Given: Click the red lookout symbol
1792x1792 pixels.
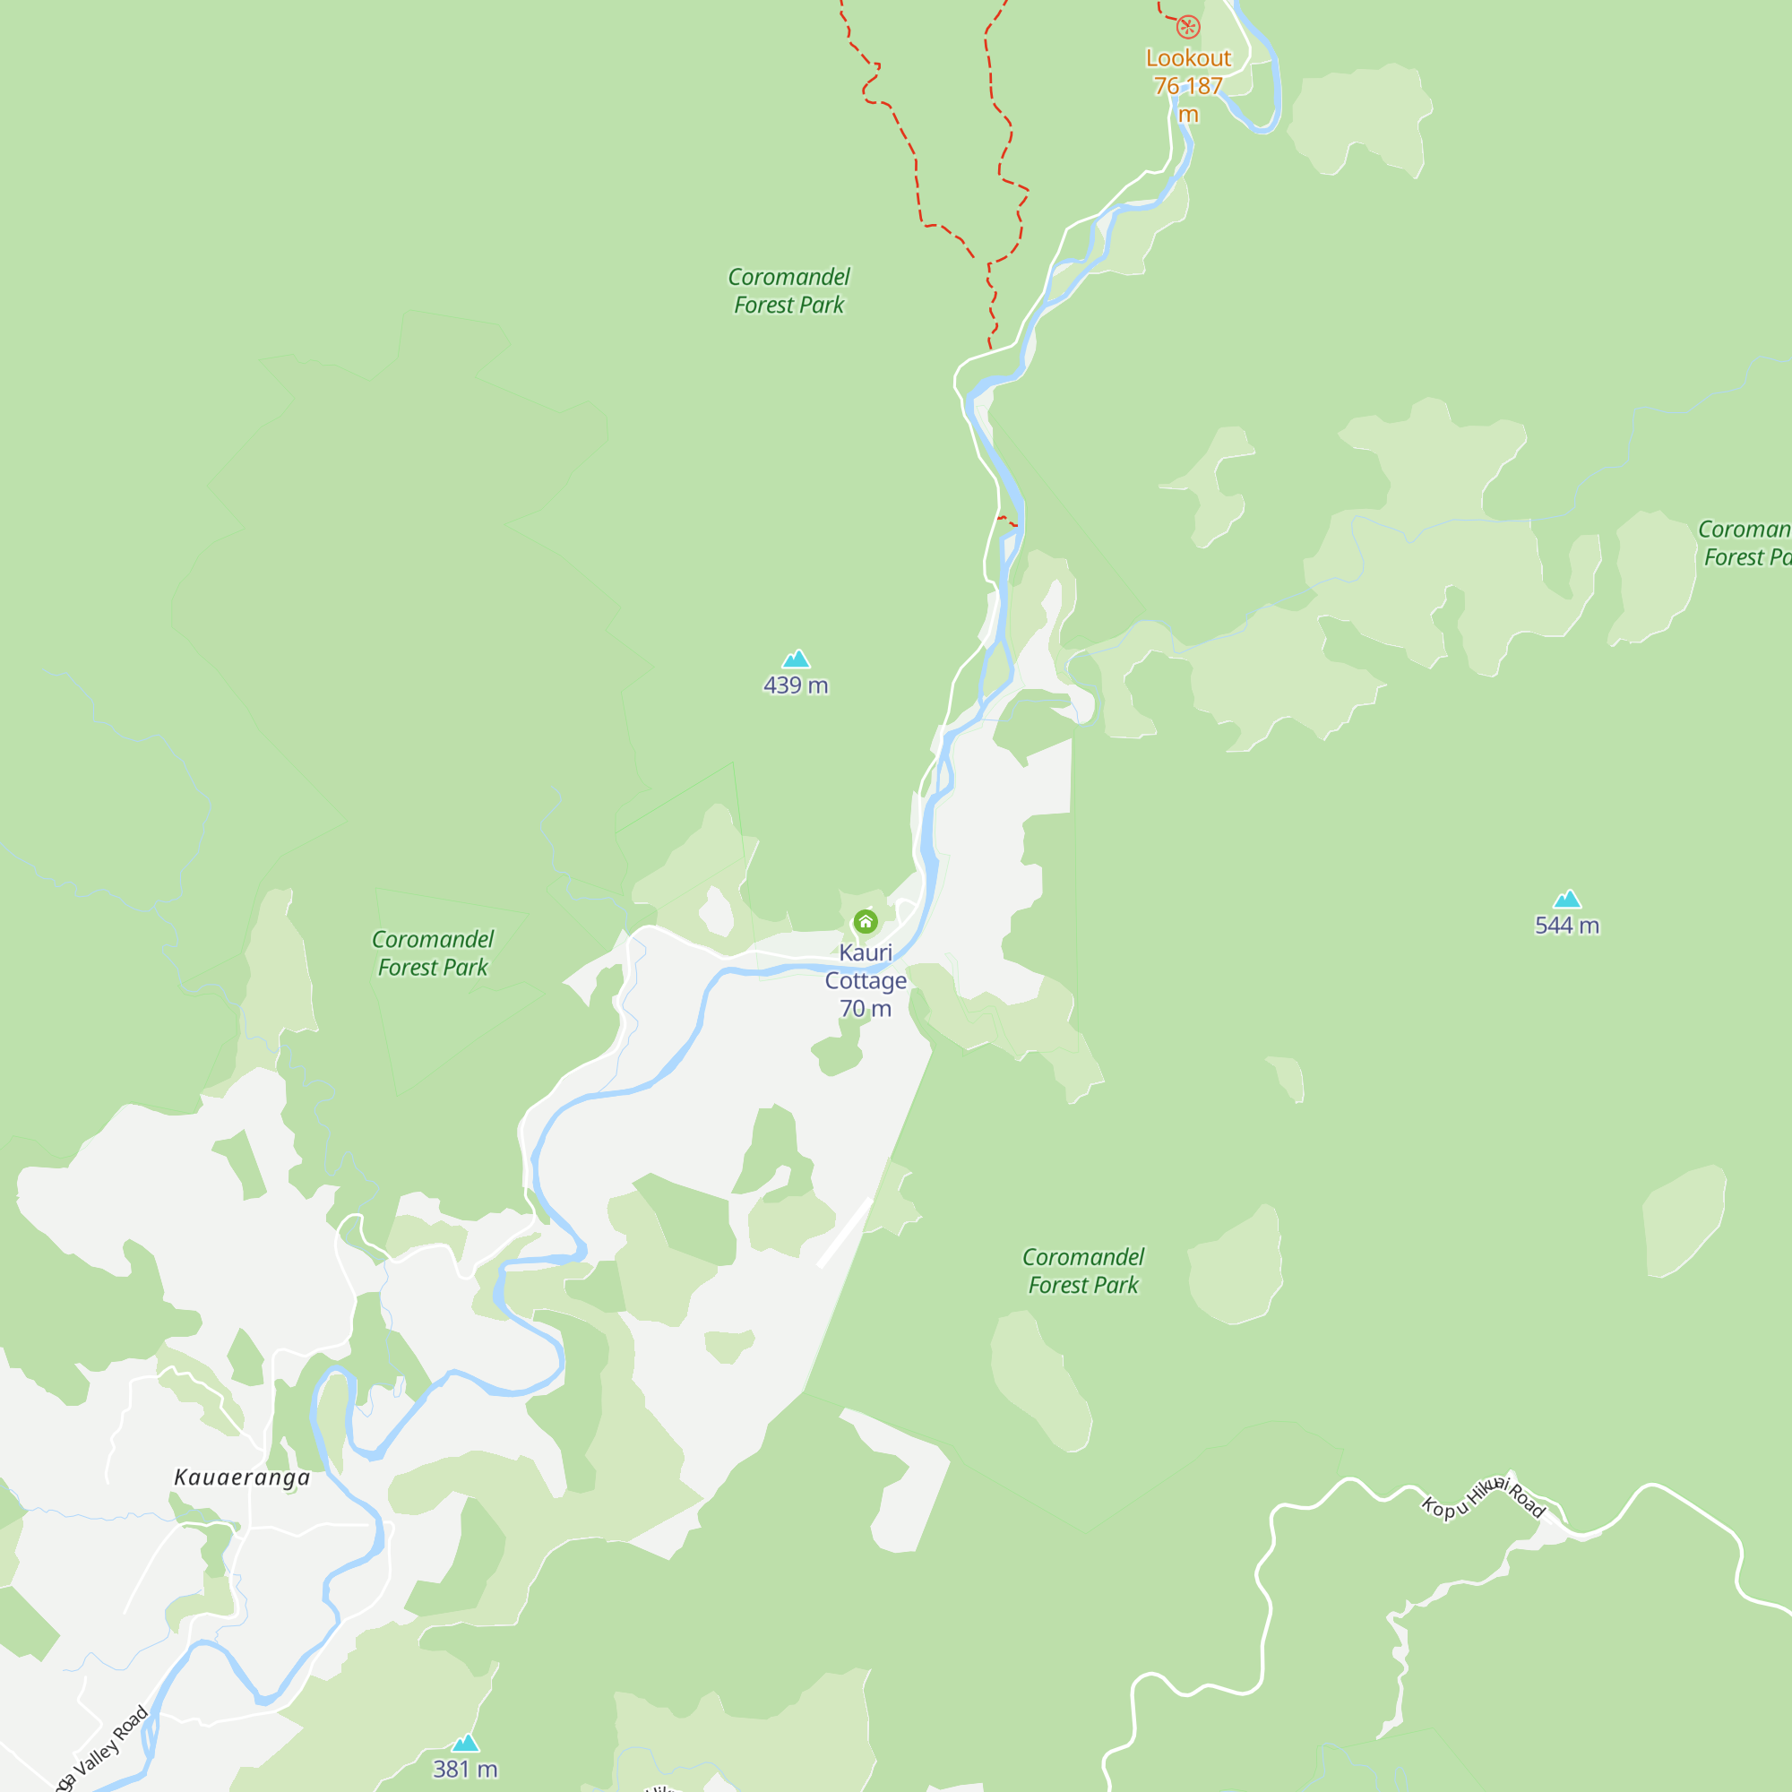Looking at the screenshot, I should [1188, 27].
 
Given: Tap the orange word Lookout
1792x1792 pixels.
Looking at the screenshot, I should [1188, 58].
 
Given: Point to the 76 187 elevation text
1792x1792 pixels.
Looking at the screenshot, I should [1188, 86].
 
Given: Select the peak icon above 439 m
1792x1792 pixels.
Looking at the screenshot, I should [796, 659].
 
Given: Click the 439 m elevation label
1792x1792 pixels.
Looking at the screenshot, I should [796, 685].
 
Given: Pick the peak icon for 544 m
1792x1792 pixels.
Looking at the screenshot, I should [1566, 899].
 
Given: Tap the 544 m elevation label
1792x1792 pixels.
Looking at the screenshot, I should [1566, 926].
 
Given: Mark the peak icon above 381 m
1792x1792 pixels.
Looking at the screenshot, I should [466, 1743].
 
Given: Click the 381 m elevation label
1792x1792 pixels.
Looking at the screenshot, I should [466, 1769].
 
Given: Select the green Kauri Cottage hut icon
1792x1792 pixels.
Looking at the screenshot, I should [866, 921].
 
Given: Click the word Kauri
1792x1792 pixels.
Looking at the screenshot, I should [866, 952].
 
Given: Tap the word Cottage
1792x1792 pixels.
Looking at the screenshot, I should [866, 980].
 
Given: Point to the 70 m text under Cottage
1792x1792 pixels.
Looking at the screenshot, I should [866, 1008].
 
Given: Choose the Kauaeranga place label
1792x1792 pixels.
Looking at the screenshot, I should [242, 1478].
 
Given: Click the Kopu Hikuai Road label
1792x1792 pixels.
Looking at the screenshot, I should [1484, 1497].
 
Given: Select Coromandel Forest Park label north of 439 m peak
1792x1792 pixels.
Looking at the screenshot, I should [789, 291].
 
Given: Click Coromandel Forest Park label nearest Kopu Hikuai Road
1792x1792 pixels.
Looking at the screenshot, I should [1083, 1271].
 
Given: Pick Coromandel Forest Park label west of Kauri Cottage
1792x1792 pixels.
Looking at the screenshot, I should [433, 953].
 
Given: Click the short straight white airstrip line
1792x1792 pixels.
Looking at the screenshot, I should [845, 1232].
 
